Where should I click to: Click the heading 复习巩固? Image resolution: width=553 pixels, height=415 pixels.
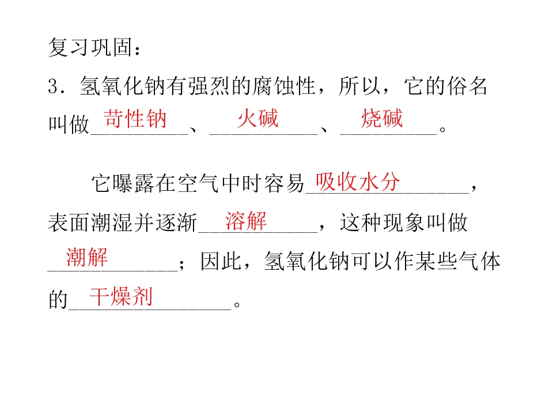click(x=90, y=47)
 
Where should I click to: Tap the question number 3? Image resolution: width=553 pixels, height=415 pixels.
click(x=53, y=86)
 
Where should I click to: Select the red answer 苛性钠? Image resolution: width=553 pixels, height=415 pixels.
click(x=135, y=119)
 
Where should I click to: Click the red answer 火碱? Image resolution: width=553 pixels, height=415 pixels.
click(x=258, y=118)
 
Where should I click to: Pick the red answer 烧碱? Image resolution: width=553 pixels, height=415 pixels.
click(x=382, y=118)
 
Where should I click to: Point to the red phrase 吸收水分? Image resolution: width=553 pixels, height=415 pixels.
click(x=358, y=182)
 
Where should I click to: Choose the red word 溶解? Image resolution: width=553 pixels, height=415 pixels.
click(x=246, y=221)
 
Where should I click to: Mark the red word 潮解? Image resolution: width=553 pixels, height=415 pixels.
click(x=87, y=257)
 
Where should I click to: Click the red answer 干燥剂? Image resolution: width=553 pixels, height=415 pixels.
click(x=121, y=296)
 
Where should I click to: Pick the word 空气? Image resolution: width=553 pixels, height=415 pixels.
click(x=198, y=183)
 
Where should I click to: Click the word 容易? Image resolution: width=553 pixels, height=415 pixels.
click(x=284, y=183)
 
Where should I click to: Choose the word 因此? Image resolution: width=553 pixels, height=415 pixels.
click(x=221, y=262)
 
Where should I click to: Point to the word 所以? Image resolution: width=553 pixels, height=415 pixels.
click(x=359, y=86)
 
